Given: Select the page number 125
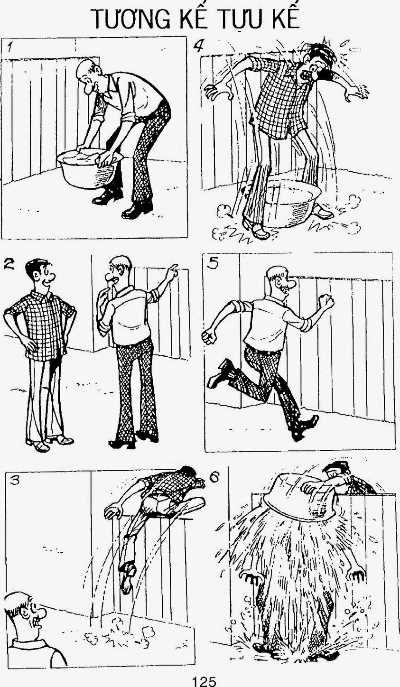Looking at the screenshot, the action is (204, 682).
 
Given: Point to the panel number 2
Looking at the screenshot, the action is (9, 264).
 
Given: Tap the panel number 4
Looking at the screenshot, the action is (199, 46).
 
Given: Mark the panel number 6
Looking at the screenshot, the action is (214, 477).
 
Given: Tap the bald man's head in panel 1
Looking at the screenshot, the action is (89, 74).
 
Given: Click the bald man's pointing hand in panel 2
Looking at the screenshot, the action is (172, 270).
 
